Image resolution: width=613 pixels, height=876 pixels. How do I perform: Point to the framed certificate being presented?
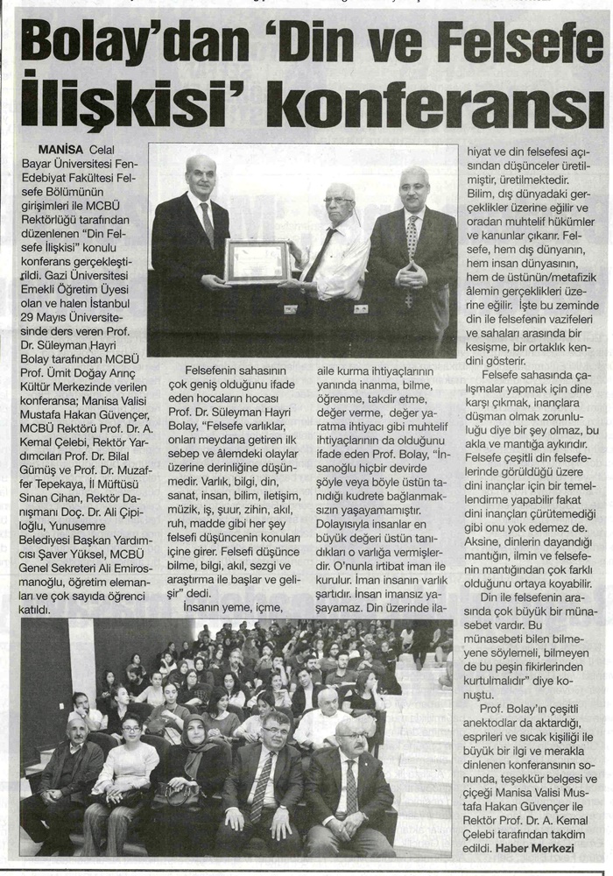tap(257, 262)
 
